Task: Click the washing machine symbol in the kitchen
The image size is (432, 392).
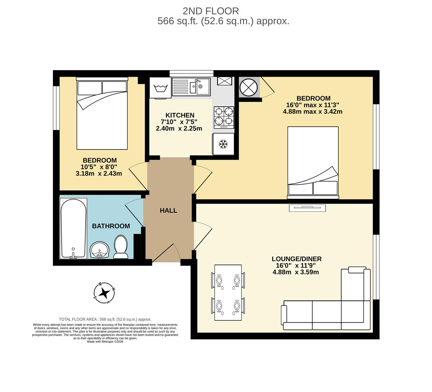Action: coord(160,88)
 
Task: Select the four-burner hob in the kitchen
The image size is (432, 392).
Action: coord(224,117)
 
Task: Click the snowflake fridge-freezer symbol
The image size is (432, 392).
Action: coord(223,144)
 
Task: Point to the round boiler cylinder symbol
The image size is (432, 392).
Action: coord(249,87)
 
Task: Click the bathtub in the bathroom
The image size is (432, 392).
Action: coord(73,228)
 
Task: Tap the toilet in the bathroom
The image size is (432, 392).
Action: coord(120,247)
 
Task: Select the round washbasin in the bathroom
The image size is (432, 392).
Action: coord(99,250)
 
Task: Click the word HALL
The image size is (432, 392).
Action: coord(169,211)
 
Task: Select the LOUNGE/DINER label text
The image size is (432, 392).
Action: coord(297,259)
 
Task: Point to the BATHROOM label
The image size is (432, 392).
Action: coord(111,226)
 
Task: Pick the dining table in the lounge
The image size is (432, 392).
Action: coord(228,293)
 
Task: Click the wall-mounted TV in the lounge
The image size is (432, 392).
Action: coord(307,208)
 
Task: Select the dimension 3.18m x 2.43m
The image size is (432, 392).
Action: coord(99,173)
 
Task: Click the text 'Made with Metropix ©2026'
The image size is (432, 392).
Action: coord(105,341)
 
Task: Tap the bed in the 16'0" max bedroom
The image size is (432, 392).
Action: coord(313,162)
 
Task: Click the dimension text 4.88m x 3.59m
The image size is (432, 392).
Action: coord(296,272)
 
